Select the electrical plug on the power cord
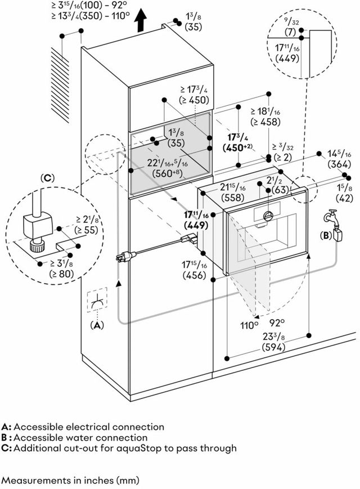click(x=125, y=257)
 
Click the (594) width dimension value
click(x=273, y=347)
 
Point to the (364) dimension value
click(x=339, y=164)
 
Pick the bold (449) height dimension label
click(x=196, y=225)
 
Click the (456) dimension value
click(x=195, y=275)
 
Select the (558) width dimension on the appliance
click(x=233, y=197)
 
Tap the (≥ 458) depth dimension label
click(x=265, y=122)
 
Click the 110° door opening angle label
click(x=249, y=325)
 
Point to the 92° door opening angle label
click(x=277, y=322)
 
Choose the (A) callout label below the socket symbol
click(x=97, y=325)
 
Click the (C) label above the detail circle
click(x=47, y=178)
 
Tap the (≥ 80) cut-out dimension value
click(x=62, y=274)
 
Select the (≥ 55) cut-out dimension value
click(x=86, y=230)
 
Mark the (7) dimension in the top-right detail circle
click(x=290, y=32)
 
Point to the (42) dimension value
click(x=344, y=198)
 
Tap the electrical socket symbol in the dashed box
click(x=97, y=300)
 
